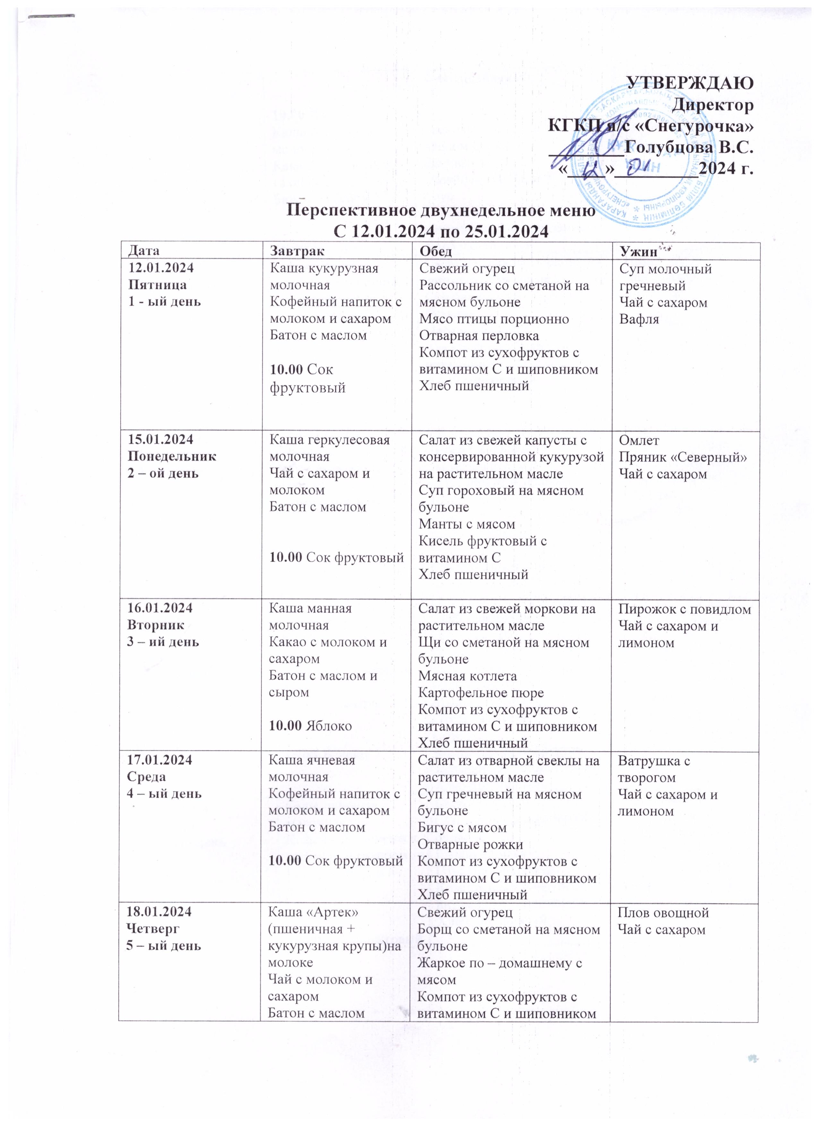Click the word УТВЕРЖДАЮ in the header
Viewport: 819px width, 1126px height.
(x=690, y=83)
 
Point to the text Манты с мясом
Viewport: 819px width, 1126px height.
(x=467, y=524)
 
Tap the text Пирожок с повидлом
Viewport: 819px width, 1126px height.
(x=685, y=609)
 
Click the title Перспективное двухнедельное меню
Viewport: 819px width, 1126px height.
(x=442, y=210)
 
